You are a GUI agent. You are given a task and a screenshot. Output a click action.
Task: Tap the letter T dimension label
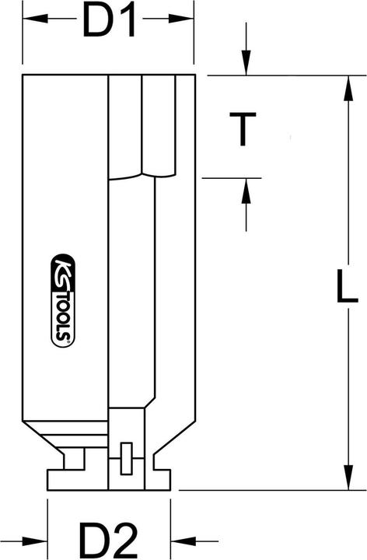[x=245, y=128]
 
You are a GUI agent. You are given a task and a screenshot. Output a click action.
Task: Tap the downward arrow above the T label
[x=246, y=63]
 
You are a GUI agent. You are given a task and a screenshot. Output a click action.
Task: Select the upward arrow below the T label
[x=246, y=190]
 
